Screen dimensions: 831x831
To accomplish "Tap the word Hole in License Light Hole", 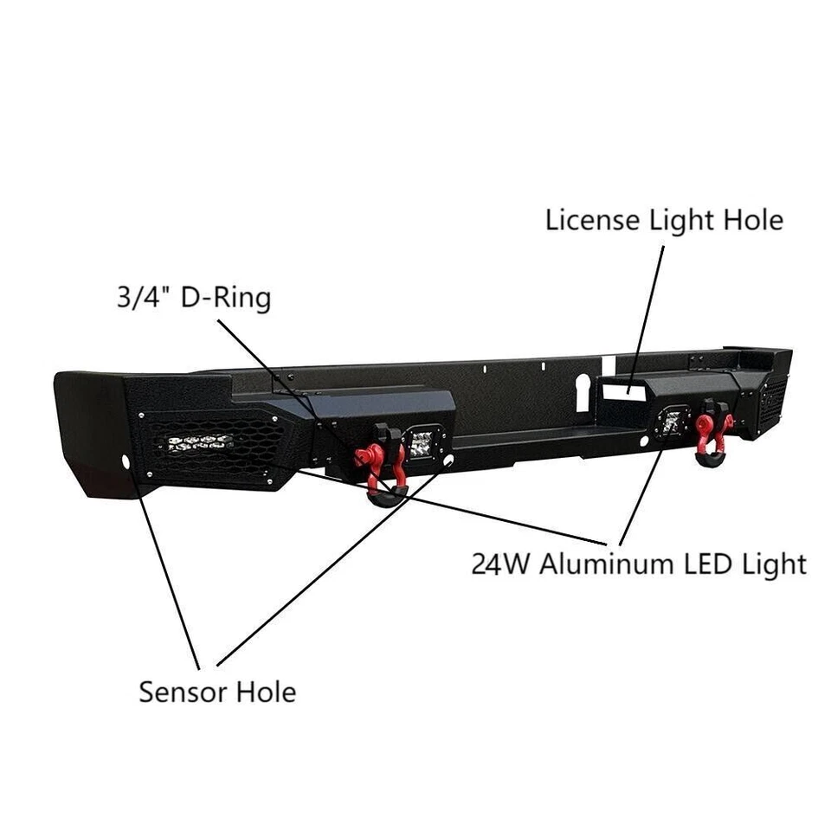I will click(x=750, y=220).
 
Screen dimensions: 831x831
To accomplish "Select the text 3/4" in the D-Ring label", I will click(x=144, y=299).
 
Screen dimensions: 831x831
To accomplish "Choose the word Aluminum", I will click(x=605, y=564).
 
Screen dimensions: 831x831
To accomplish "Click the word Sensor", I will click(x=179, y=692).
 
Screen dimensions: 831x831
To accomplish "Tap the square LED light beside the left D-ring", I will click(x=423, y=442).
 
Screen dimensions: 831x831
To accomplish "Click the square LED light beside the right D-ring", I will click(x=671, y=421).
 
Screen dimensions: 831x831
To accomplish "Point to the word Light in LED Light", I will click(x=774, y=564).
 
